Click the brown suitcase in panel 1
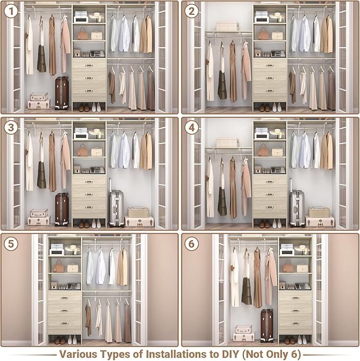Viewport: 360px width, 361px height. (x=62, y=92)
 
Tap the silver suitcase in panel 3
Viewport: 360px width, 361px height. (x=116, y=208)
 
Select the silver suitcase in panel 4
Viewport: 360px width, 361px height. (x=297, y=208)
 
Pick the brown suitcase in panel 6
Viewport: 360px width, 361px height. (x=267, y=325)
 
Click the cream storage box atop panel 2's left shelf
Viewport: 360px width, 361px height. (x=227, y=26)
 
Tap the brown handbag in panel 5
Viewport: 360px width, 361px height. (x=58, y=268)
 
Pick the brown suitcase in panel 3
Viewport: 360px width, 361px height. (x=62, y=209)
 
